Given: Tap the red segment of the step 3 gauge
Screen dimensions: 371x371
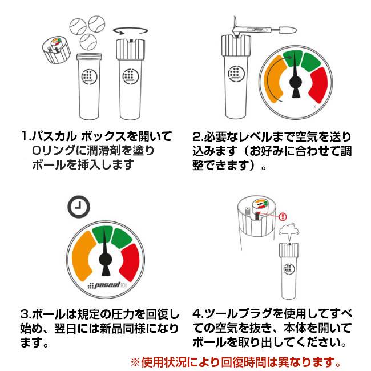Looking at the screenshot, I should pyautogui.click(x=132, y=262).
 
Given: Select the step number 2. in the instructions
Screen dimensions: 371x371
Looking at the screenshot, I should pyautogui.click(x=197, y=137).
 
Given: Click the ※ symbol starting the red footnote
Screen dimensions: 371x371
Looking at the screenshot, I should pyautogui.click(x=135, y=362).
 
